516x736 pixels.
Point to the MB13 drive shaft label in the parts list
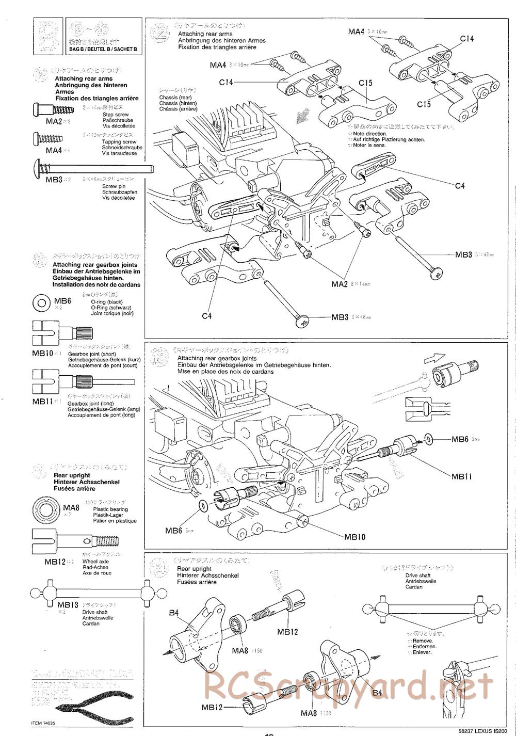click(x=68, y=605)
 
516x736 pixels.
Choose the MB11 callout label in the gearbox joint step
click(x=461, y=476)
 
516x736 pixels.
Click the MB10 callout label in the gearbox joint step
click(x=355, y=537)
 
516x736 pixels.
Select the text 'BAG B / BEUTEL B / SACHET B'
click(x=103, y=49)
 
